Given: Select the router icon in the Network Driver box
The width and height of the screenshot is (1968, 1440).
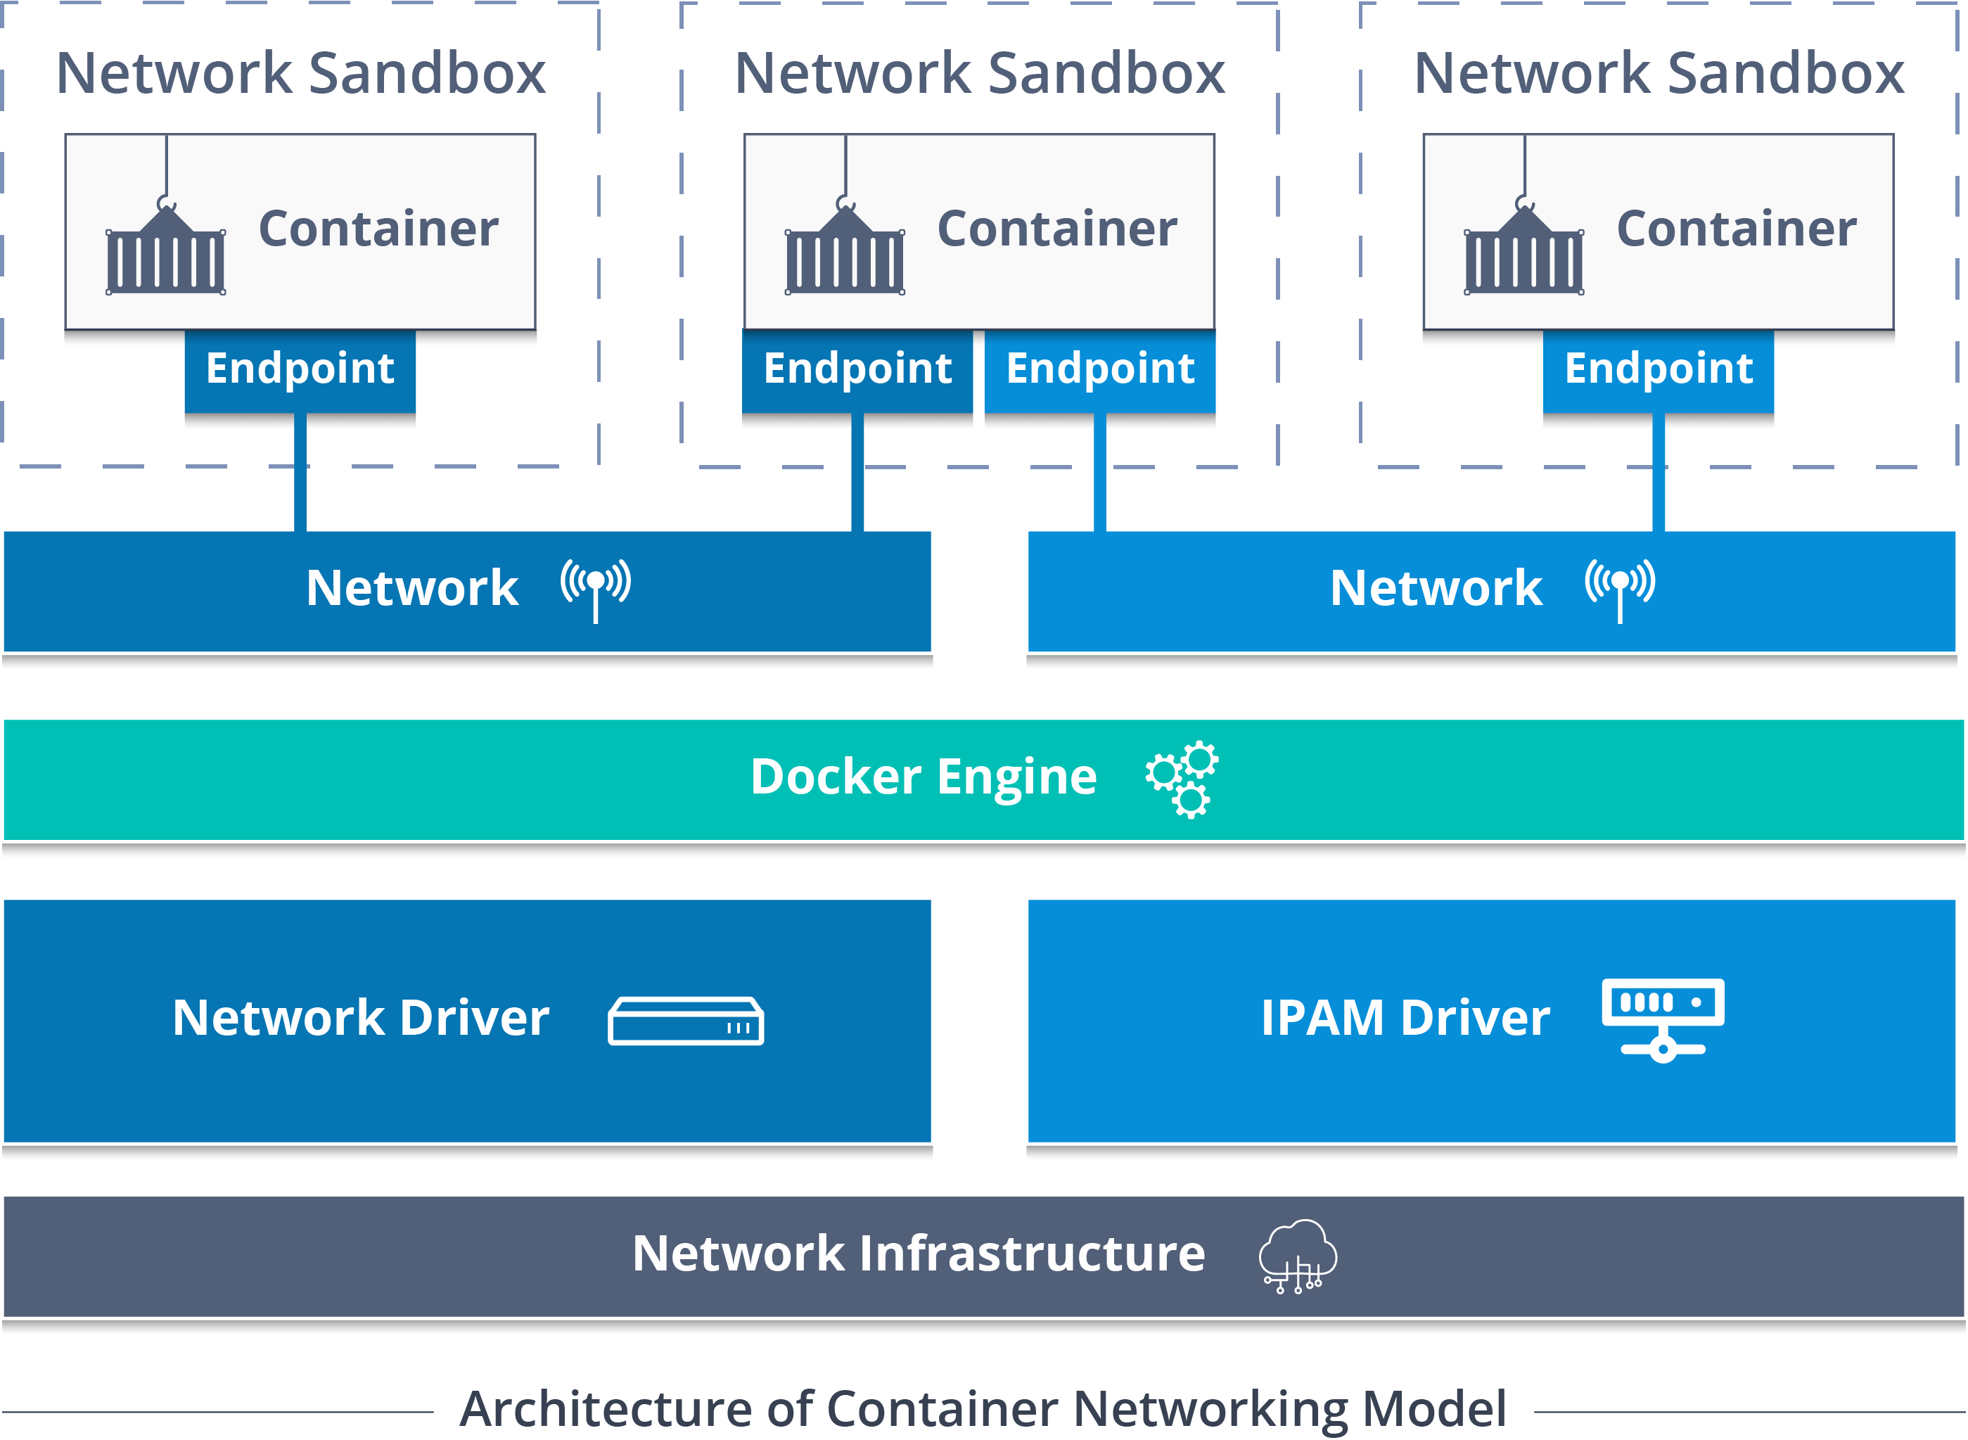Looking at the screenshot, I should pyautogui.click(x=686, y=1021).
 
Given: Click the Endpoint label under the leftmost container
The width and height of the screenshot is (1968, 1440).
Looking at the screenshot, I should pyautogui.click(x=300, y=369).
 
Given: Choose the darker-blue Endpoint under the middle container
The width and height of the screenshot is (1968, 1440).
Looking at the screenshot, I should pyautogui.click(x=857, y=369).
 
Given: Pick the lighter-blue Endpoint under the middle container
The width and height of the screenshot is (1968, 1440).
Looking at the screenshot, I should pyautogui.click(x=1100, y=369).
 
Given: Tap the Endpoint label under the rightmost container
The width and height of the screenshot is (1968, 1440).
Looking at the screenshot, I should pyautogui.click(x=1659, y=369).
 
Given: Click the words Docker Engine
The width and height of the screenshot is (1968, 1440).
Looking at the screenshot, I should pyautogui.click(x=923, y=777).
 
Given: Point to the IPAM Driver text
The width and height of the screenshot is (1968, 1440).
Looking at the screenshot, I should pyautogui.click(x=1405, y=1017).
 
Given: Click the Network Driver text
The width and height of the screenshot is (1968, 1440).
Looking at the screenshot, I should pyautogui.click(x=361, y=1017).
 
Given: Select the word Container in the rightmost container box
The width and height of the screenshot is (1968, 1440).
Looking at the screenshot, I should pyautogui.click(x=1736, y=229).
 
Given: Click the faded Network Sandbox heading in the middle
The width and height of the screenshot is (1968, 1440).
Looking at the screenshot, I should pyautogui.click(x=980, y=73).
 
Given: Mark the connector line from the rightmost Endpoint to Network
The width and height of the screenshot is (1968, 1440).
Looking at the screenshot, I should pyautogui.click(x=1659, y=480).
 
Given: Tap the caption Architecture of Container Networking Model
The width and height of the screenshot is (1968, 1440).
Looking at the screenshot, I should pyautogui.click(x=983, y=1408).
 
